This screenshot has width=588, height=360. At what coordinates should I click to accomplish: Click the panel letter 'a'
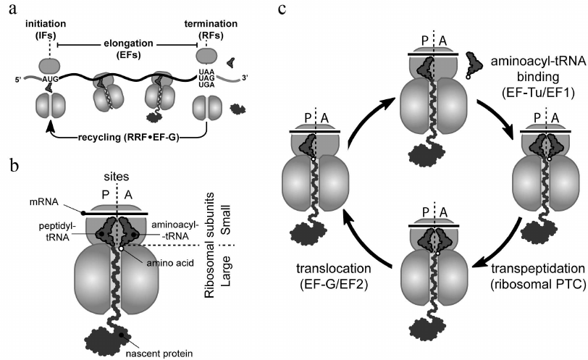click(7, 8)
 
